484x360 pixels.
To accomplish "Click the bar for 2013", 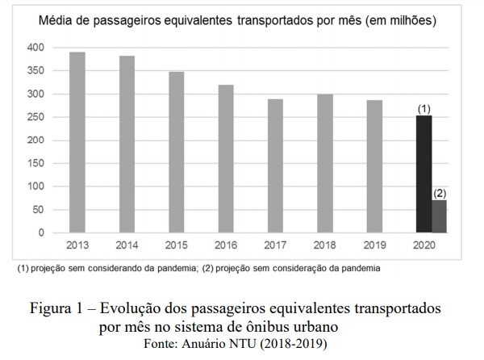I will click(77, 142).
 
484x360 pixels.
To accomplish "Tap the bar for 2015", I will click(176, 153).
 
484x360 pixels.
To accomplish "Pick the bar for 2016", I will click(226, 159).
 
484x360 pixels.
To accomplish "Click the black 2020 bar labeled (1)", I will click(423, 174).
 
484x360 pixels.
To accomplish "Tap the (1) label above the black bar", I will click(423, 107).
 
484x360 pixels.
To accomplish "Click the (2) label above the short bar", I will click(440, 193).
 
